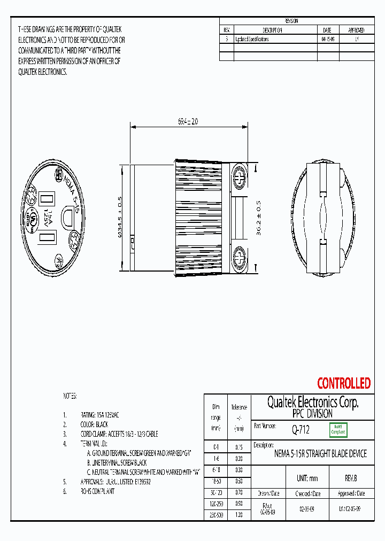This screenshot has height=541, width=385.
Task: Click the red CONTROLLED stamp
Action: click(x=343, y=383)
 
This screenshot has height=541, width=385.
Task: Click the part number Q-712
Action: click(x=301, y=429)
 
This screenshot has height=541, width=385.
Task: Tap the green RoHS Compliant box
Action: click(x=338, y=429)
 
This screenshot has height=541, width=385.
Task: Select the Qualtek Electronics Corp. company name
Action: click(x=313, y=403)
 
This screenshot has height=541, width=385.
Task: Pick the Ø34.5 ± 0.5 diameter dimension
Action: click(x=120, y=219)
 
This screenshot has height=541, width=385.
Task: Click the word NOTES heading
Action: click(x=70, y=396)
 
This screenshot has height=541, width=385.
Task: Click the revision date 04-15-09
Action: click(x=327, y=39)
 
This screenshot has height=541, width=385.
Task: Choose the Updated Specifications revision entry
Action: click(x=251, y=39)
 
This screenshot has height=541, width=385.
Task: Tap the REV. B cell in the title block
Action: click(x=351, y=478)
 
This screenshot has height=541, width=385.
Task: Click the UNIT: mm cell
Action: click(x=307, y=478)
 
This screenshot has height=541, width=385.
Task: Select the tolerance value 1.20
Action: click(x=238, y=514)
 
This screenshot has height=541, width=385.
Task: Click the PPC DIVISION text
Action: click(x=313, y=414)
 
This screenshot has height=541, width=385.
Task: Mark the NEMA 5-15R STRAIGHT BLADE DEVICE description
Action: click(x=320, y=454)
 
